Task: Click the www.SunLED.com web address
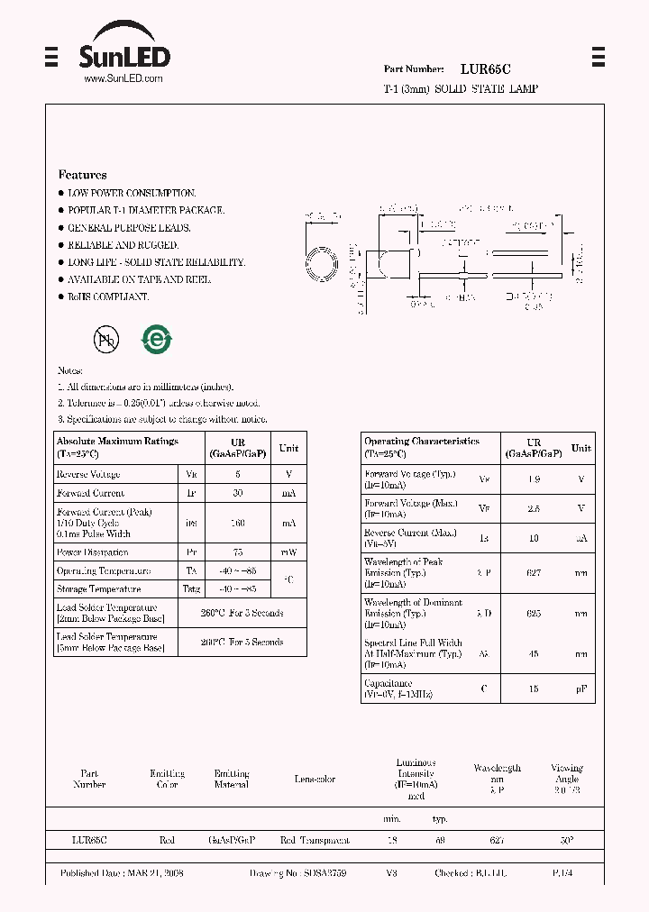[x=123, y=79]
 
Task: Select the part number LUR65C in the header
[x=486, y=68]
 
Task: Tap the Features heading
[x=82, y=175]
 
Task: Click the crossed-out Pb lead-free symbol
[x=106, y=339]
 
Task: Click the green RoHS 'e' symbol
[x=156, y=339]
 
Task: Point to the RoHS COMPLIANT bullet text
[x=108, y=296]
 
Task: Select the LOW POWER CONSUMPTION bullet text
[x=132, y=193]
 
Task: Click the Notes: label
[x=70, y=370]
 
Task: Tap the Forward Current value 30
[x=237, y=493]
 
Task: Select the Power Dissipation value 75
[x=237, y=552]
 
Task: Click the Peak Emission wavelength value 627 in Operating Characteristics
[x=535, y=572]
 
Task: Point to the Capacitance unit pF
[x=581, y=689]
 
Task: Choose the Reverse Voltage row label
[x=88, y=474]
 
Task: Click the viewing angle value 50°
[x=566, y=840]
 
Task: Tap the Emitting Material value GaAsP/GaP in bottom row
[x=232, y=840]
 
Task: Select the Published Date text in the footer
[x=122, y=873]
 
